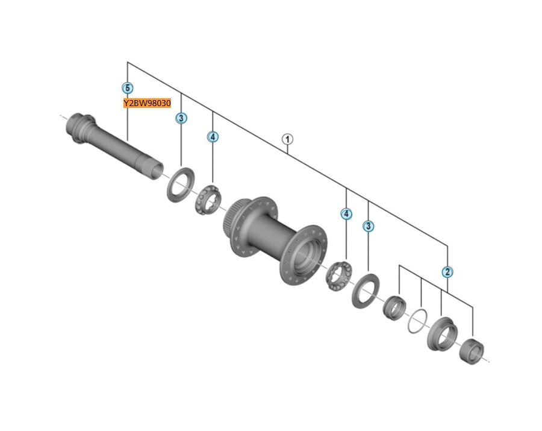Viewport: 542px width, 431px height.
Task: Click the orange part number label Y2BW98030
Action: [147, 103]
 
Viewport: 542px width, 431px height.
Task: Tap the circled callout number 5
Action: [127, 88]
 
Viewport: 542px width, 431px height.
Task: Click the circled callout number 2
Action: [447, 272]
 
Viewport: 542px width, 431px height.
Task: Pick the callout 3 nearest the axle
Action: [181, 118]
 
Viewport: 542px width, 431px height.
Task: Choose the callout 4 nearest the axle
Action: [213, 137]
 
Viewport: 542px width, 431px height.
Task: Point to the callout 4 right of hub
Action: [346, 214]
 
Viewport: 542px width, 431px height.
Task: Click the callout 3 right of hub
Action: [368, 227]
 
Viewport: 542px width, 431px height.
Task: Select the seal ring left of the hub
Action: [180, 185]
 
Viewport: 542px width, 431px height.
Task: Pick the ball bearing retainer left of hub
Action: [207, 200]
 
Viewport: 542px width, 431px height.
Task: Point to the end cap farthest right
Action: [472, 351]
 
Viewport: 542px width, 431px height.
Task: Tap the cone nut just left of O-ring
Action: [394, 307]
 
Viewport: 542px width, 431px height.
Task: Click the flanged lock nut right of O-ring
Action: [443, 333]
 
